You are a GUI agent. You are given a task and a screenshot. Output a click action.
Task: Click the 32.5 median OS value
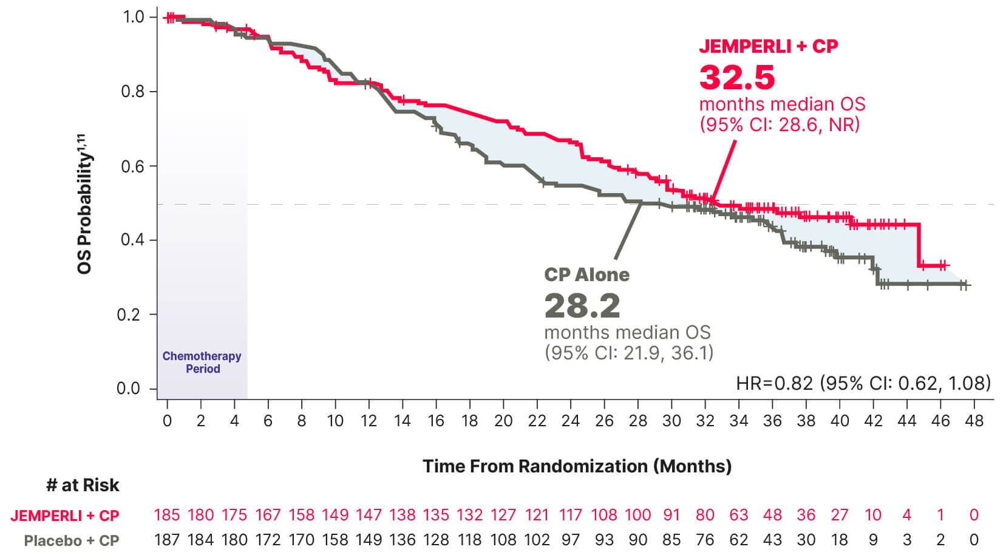[737, 77]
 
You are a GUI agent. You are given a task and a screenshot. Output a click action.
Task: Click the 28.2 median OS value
[582, 306]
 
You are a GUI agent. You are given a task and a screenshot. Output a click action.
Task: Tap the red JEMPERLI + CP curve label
[768, 46]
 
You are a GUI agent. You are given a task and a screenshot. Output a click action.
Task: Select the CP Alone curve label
[586, 274]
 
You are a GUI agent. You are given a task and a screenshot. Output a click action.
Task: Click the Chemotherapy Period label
[202, 362]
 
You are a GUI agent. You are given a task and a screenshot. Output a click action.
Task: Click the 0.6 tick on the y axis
[132, 166]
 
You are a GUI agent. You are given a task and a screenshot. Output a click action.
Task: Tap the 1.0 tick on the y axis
[133, 17]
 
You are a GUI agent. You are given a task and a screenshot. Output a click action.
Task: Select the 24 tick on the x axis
[571, 421]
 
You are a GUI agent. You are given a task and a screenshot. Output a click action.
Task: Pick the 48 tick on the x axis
[974, 421]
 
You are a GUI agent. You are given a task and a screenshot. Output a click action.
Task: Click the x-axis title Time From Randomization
[577, 466]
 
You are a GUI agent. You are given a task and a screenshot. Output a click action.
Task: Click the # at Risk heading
[83, 485]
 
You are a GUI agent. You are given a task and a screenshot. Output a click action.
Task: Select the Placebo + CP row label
[72, 540]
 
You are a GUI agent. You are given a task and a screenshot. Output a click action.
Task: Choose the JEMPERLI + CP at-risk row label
[65, 516]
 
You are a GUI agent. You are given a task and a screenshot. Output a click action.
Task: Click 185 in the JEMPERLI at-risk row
[167, 515]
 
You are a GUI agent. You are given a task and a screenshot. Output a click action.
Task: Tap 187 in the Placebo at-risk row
[167, 540]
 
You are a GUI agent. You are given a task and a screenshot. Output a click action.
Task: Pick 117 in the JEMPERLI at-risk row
[571, 515]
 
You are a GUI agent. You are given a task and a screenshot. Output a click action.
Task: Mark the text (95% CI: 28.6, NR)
[780, 124]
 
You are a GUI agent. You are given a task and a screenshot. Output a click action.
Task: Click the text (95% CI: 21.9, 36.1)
[628, 353]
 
